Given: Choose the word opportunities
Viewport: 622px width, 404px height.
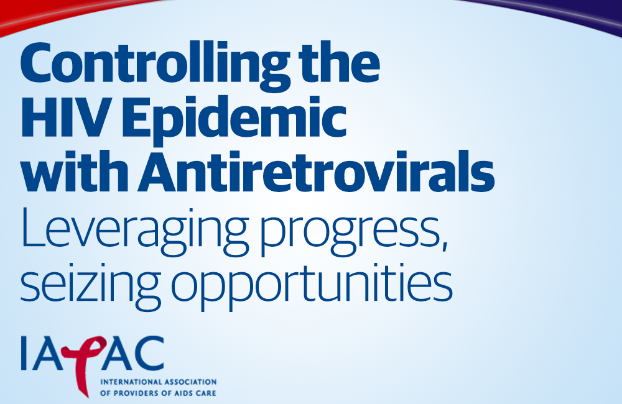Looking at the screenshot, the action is pyautogui.click(x=312, y=287).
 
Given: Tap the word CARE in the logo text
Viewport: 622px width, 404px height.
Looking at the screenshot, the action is pyautogui.click(x=207, y=393).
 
